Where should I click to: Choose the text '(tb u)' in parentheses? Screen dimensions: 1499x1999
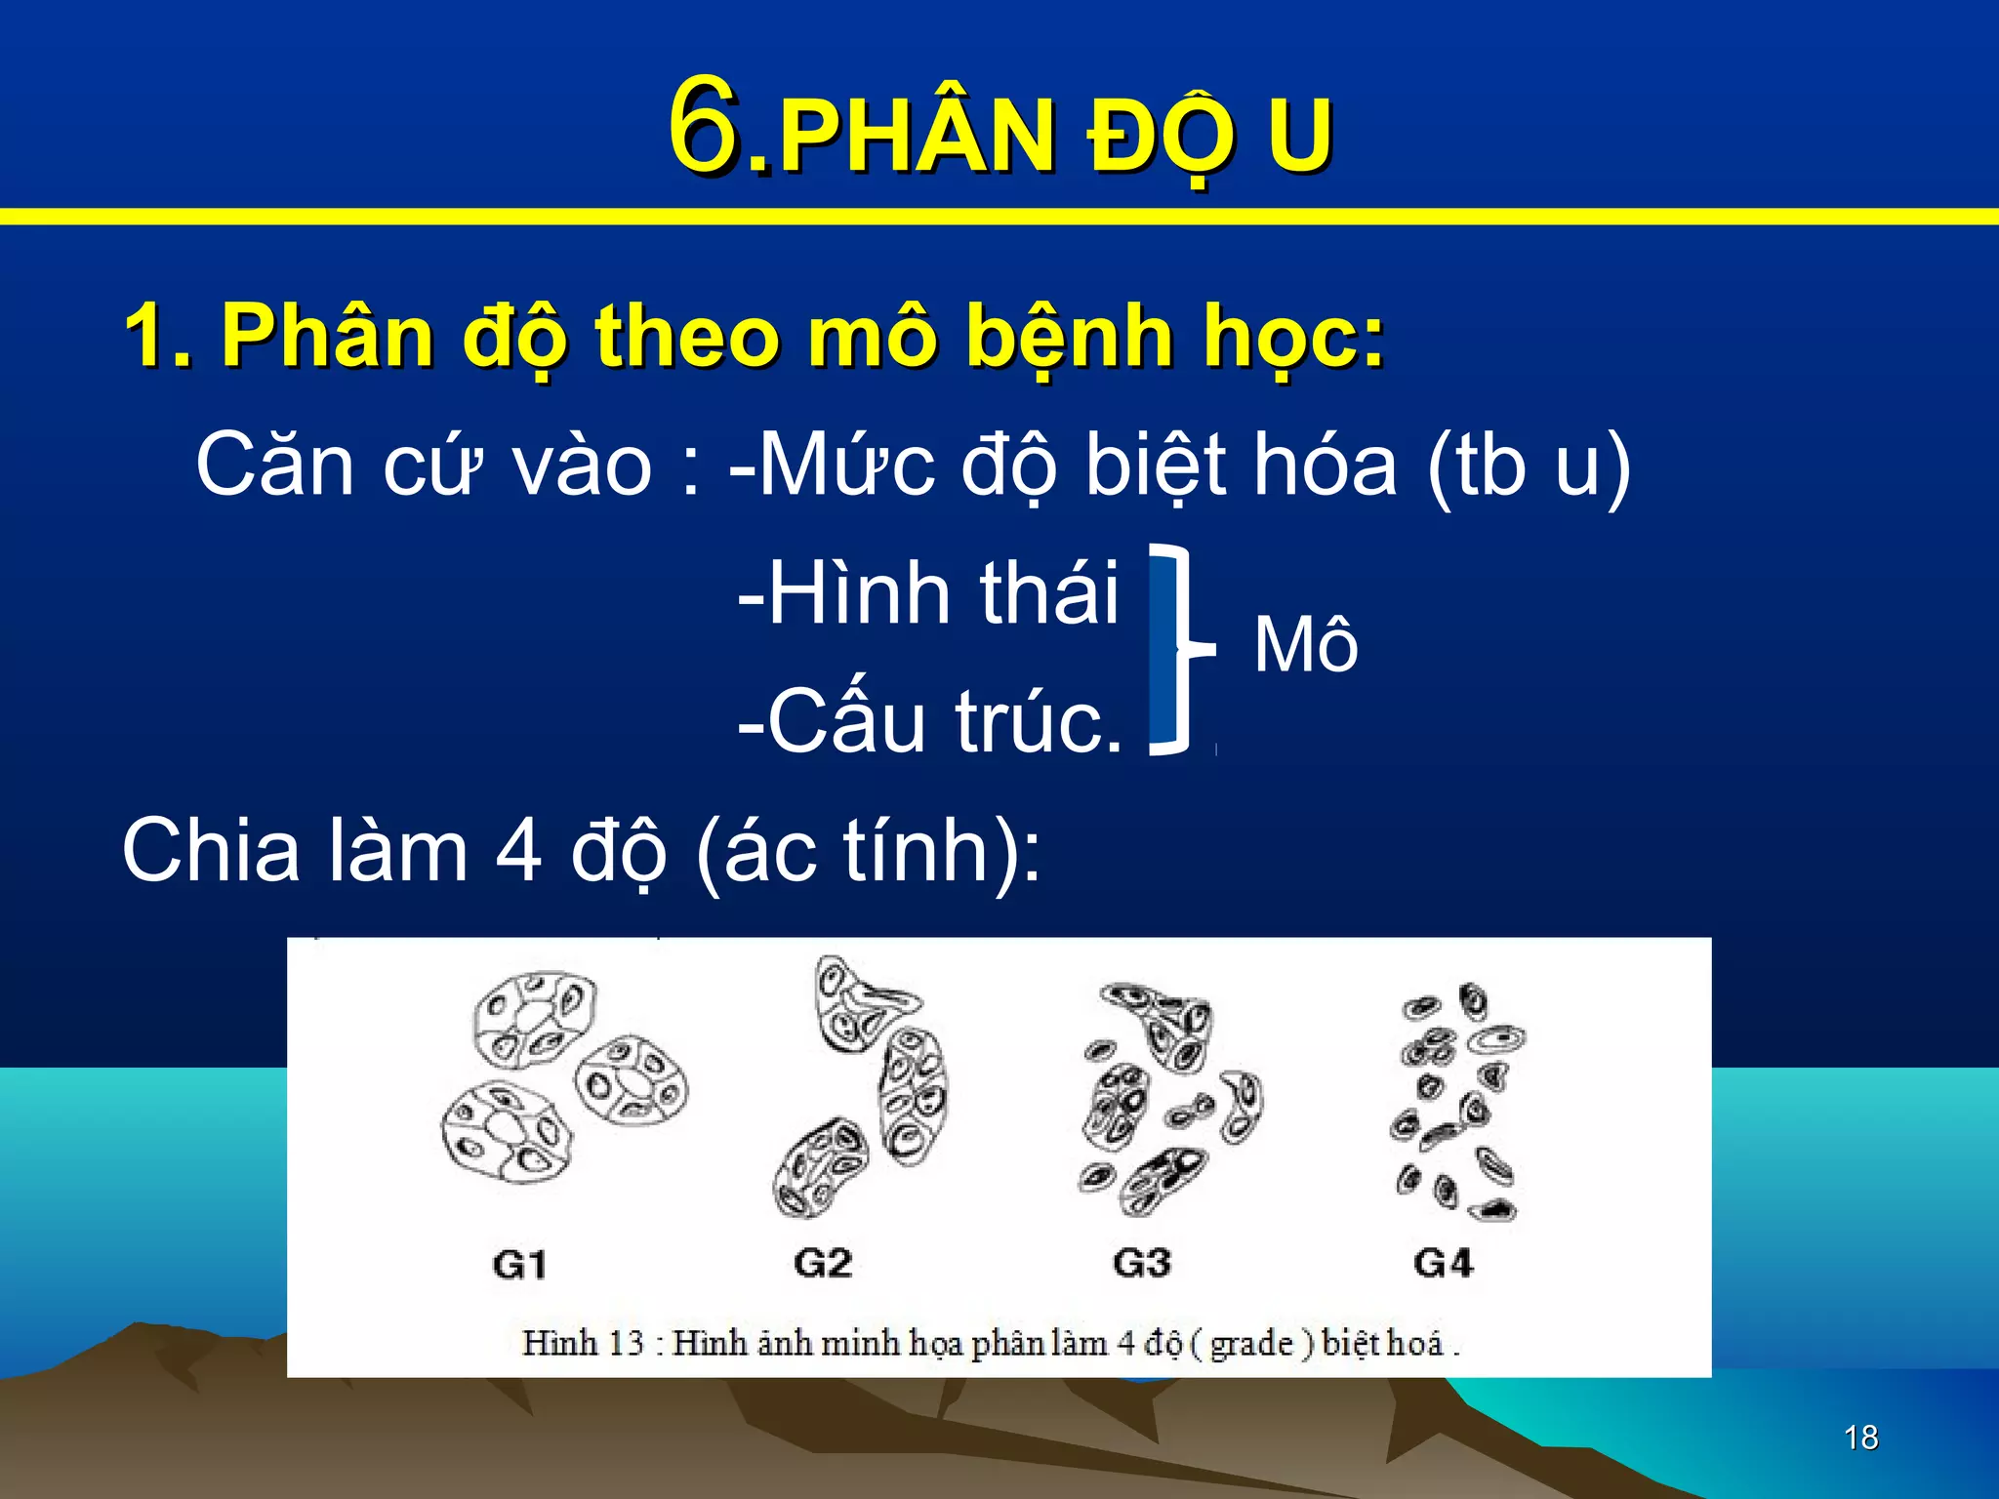click(x=1529, y=466)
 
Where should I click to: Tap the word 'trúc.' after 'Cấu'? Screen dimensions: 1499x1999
click(x=1039, y=722)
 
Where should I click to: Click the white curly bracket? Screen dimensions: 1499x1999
click(x=1179, y=649)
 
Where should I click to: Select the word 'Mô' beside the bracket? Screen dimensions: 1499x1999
click(x=1306, y=646)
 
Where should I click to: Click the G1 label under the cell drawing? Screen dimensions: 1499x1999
click(x=519, y=1265)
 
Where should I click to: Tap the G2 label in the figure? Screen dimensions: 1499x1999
click(x=822, y=1263)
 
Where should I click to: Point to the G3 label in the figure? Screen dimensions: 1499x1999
click(x=1141, y=1263)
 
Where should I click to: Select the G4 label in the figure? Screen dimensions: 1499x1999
click(x=1443, y=1263)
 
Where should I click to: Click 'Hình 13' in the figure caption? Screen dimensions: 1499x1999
click(x=583, y=1343)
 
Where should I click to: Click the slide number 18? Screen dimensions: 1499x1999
click(x=1861, y=1438)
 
